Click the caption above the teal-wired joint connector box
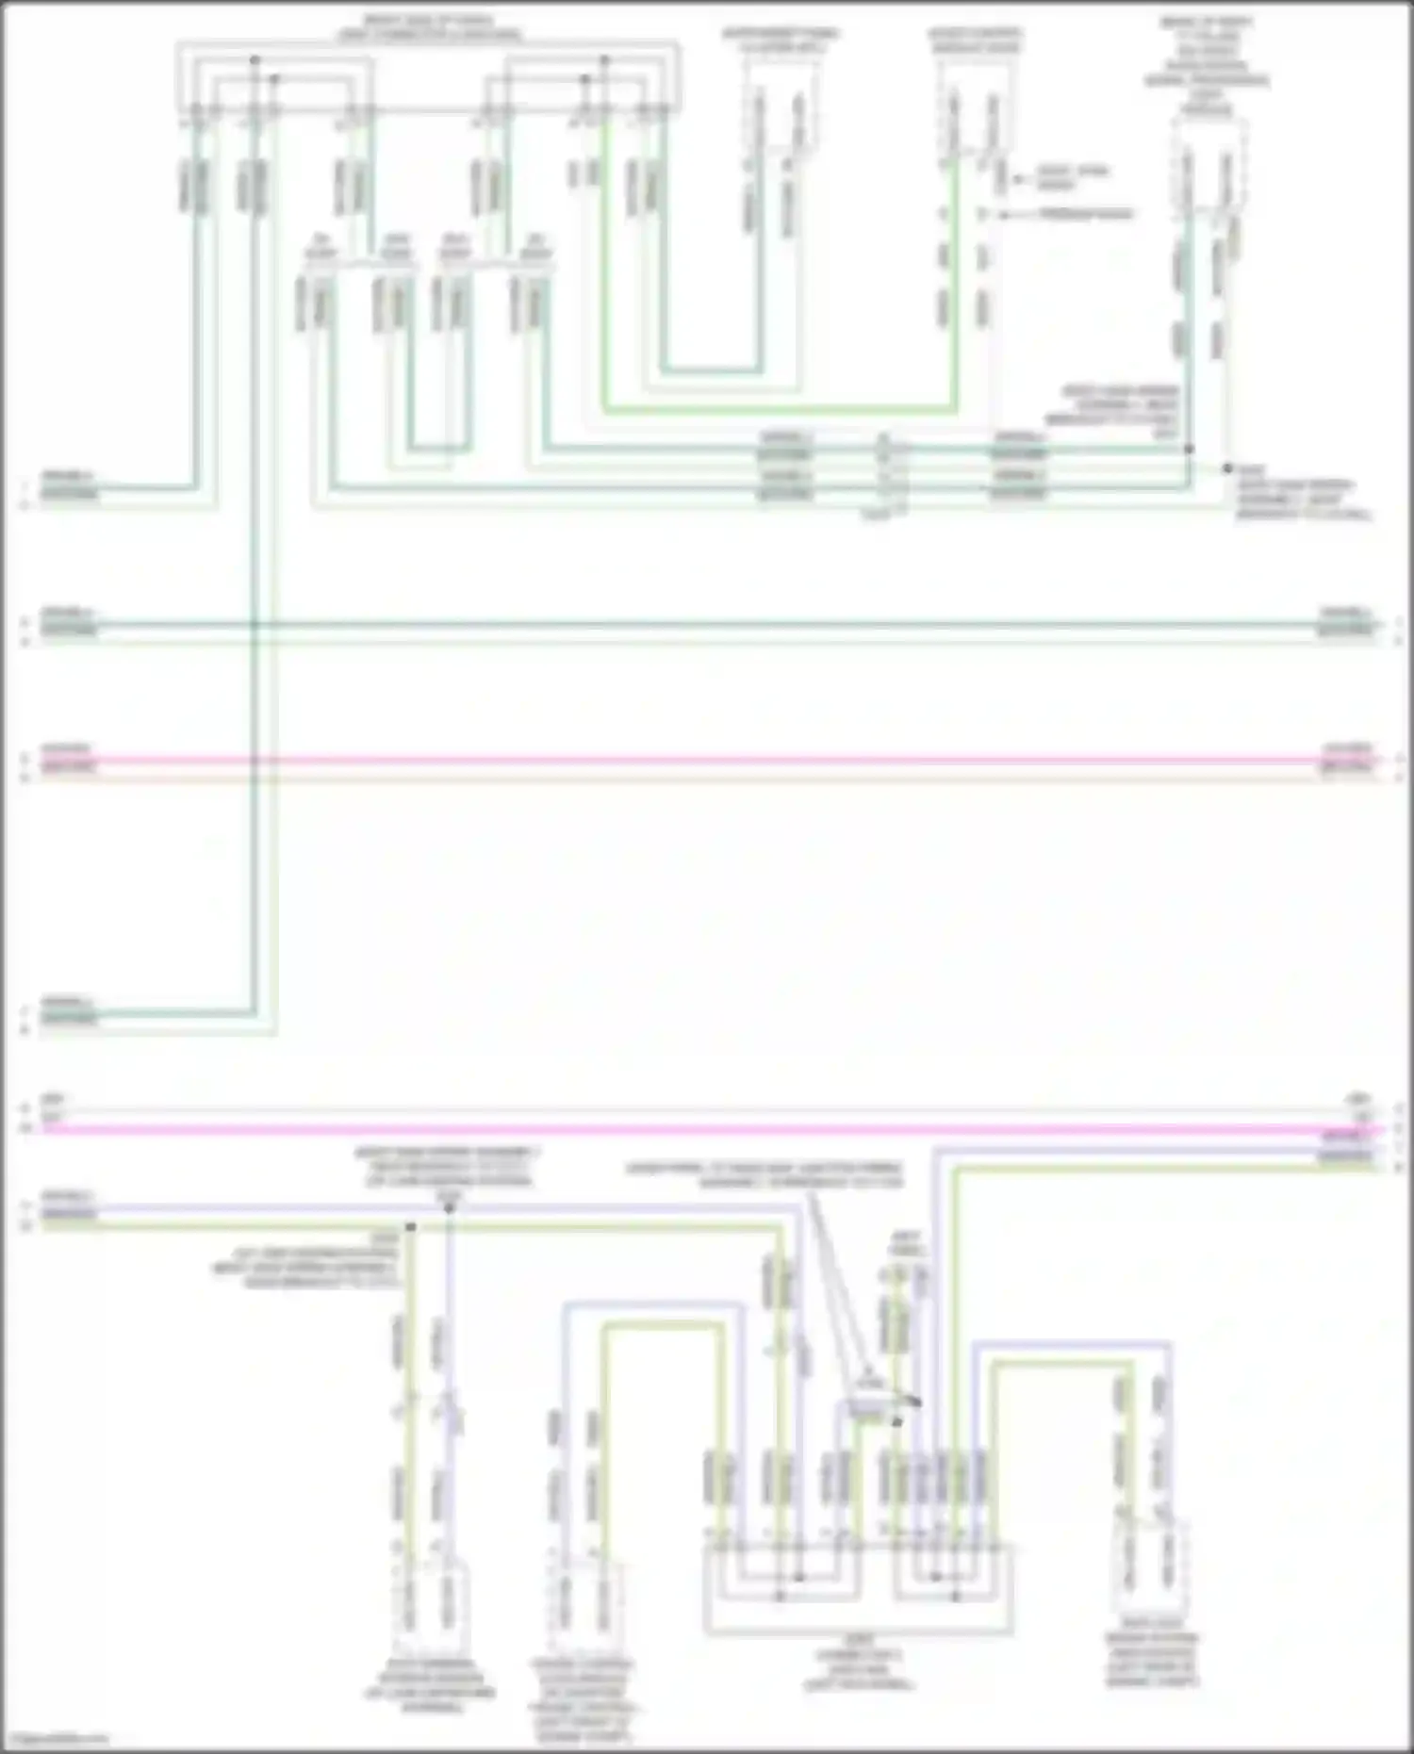(x=429, y=28)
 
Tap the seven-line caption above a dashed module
(x=1207, y=66)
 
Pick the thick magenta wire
(x=707, y=1128)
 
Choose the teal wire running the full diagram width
(x=707, y=624)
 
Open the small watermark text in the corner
(x=57, y=1740)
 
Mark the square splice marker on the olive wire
(x=410, y=1227)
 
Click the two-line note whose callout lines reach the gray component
(x=765, y=1175)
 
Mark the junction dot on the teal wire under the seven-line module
(x=1189, y=450)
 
